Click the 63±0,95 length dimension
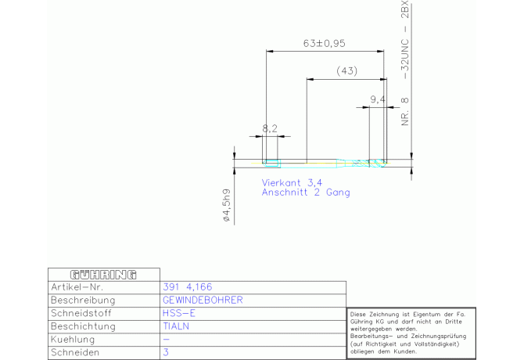[x=324, y=44]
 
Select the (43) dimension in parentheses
[x=347, y=71]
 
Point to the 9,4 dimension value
[x=378, y=99]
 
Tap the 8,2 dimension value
[x=270, y=128]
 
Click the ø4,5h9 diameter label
[x=227, y=205]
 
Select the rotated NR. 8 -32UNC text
[x=404, y=63]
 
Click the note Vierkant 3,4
[x=292, y=183]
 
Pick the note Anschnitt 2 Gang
[x=306, y=193]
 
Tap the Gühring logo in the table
[x=103, y=275]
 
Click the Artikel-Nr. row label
[x=77, y=287]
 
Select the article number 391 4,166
[x=188, y=287]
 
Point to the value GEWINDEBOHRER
[x=203, y=301]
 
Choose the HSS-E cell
[x=179, y=313]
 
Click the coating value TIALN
[x=176, y=326]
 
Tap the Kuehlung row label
[x=73, y=340]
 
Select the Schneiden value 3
[x=166, y=352]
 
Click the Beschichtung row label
[x=83, y=326]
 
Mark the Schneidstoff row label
[x=81, y=313]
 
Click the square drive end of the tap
[x=271, y=164]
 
